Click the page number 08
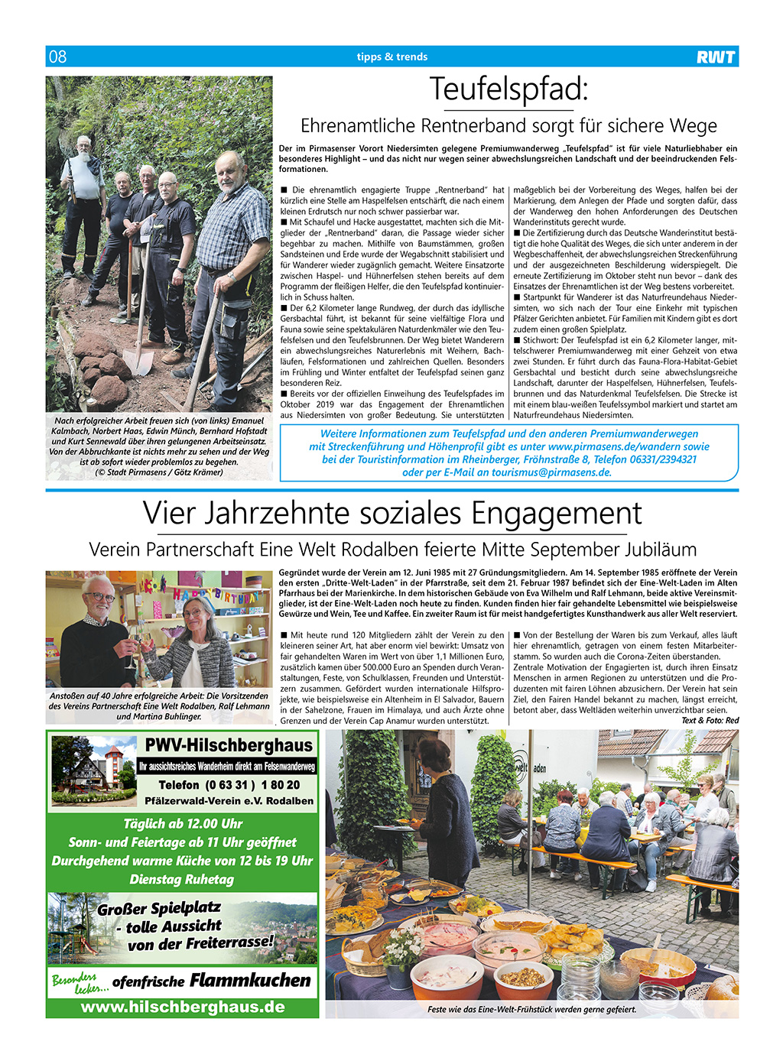tap(58, 57)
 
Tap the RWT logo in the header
tap(716, 57)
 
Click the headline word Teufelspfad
tap(507, 89)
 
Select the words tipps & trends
tap(391, 57)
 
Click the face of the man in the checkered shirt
tap(230, 176)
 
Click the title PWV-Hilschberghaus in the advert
tap(229, 745)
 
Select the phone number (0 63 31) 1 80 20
tap(229, 785)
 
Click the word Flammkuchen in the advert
tap(250, 981)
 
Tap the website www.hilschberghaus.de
tap(183, 1007)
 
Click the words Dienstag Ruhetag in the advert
tap(182, 879)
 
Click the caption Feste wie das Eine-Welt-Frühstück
tap(531, 1010)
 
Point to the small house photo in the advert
tap(94, 770)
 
